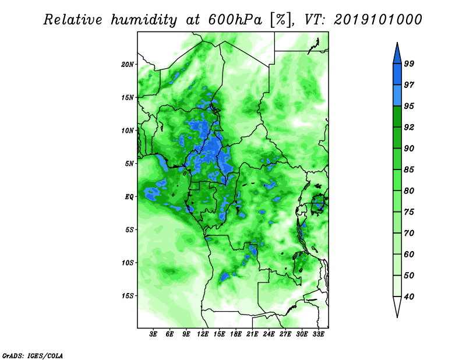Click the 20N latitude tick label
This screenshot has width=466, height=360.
(128, 65)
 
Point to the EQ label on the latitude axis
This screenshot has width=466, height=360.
(129, 197)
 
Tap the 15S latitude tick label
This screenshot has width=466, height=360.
(128, 296)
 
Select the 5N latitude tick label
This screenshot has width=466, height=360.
(129, 164)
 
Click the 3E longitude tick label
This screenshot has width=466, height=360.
(153, 334)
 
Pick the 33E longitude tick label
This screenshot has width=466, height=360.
(318, 334)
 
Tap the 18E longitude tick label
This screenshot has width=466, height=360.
(236, 334)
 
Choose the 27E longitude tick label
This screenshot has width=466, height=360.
(285, 334)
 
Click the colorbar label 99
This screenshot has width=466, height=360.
(409, 63)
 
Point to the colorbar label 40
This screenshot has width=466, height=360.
(409, 297)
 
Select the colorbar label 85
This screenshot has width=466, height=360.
(409, 170)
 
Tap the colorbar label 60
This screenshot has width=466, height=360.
(409, 255)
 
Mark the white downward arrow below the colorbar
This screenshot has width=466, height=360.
(397, 306)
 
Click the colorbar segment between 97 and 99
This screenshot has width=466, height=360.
(397, 75)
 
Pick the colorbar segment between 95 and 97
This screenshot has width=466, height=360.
(397, 96)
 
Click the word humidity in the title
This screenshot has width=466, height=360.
(144, 20)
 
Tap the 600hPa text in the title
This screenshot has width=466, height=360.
(235, 20)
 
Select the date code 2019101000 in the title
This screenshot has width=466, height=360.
(377, 20)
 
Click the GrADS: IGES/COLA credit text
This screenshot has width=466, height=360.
(33, 355)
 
